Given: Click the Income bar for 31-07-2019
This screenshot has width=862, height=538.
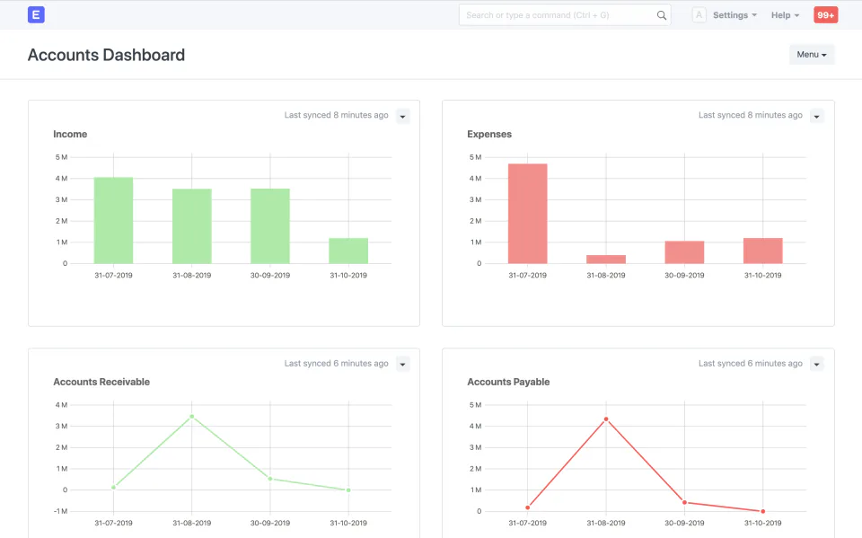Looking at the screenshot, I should point(113,220).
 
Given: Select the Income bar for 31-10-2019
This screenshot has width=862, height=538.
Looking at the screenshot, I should point(348,251).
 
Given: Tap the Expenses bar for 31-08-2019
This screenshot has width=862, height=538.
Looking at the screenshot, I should point(606,259).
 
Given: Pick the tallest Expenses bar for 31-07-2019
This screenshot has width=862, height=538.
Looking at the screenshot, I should point(527,214).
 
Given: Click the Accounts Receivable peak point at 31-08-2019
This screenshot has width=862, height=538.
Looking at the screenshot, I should point(191,417).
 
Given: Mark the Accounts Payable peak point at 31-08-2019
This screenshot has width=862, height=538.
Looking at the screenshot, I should point(606,419).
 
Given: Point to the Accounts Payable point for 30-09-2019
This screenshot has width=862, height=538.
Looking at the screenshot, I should point(684,502).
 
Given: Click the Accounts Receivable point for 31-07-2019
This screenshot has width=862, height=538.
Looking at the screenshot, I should point(113,487).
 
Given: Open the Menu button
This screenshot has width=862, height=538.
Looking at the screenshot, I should point(811,55).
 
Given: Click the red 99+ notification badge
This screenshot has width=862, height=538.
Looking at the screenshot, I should point(825,15).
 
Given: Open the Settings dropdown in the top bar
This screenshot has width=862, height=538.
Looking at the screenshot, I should point(734,15).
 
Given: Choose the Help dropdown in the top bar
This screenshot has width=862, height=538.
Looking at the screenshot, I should point(785,15).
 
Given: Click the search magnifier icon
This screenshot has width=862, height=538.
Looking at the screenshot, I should point(662,15).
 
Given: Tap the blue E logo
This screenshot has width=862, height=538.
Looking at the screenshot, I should point(36,14).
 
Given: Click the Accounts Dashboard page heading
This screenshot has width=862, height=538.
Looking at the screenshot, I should point(106,55).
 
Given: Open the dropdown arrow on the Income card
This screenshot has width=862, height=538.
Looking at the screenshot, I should point(402,116).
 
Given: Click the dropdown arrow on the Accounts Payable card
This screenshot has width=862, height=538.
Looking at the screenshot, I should point(816,364).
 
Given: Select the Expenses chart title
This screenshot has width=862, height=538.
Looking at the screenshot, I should point(489,134).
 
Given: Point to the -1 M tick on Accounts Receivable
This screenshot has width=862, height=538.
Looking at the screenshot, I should point(60,511).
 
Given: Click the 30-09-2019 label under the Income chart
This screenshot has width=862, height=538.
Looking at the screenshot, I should point(269,275).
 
